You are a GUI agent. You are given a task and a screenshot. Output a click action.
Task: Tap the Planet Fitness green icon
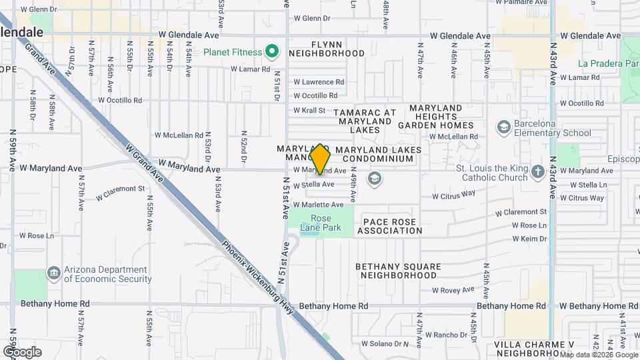tap(271, 51)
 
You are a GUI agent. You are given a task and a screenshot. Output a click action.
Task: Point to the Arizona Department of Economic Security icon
tap(53, 274)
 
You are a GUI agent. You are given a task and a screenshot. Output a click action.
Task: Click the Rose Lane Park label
tap(321, 223)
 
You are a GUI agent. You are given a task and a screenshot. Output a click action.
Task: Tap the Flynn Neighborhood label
tap(327, 47)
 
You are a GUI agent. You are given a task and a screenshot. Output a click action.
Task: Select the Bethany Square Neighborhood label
tap(398, 271)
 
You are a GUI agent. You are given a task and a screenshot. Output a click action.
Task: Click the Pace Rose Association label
tap(390, 226)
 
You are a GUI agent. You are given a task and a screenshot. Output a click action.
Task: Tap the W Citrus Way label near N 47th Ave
tap(454, 195)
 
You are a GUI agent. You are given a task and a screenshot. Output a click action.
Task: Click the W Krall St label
tap(309, 110)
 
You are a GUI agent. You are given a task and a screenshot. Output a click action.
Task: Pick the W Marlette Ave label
tap(318, 205)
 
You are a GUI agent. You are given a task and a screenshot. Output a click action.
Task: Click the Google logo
tap(22, 351)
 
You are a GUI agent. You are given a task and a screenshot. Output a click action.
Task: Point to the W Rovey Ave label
tap(453, 290)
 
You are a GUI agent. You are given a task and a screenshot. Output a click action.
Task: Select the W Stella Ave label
tap(314, 184)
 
